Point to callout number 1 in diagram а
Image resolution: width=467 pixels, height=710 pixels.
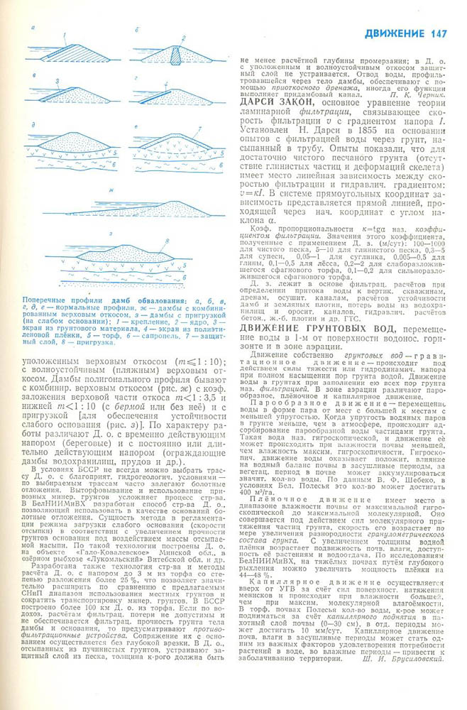[65, 35]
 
